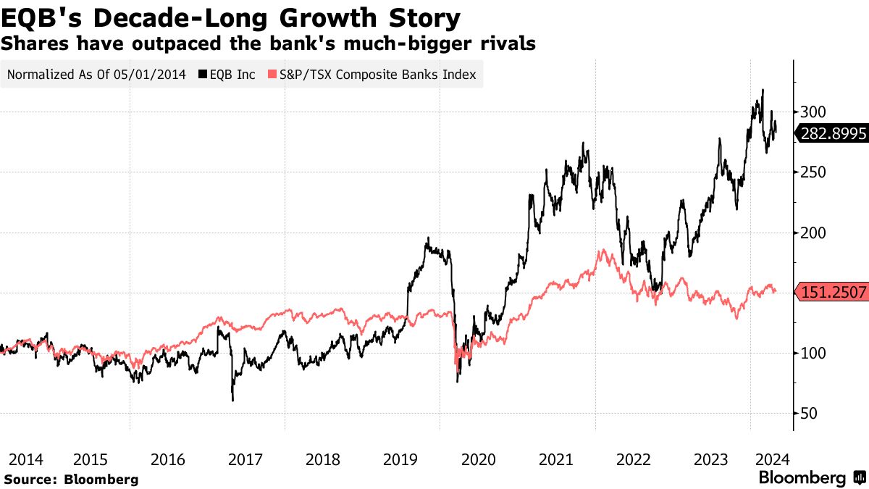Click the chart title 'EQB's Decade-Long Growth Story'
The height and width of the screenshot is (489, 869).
[x=231, y=17]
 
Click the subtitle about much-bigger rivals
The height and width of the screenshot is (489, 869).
[x=268, y=43]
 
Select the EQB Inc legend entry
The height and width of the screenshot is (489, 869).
[x=228, y=75]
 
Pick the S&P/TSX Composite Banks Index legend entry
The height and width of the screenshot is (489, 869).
[x=373, y=75]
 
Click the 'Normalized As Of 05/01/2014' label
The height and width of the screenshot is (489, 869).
[x=96, y=75]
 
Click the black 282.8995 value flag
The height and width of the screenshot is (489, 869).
[x=831, y=133]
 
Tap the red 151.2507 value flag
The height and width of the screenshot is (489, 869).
[x=831, y=293]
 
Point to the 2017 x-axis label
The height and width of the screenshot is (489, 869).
[x=245, y=459]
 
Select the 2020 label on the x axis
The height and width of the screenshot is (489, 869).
[x=478, y=459]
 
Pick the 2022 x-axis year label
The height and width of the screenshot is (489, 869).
[x=634, y=459]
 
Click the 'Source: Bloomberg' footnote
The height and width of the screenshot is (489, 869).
[x=71, y=479]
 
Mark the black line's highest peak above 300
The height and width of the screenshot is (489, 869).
[x=763, y=90]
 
